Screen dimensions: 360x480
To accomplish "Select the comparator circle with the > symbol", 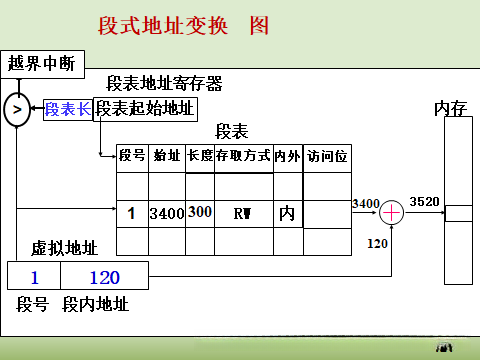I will pyautogui.click(x=17, y=109).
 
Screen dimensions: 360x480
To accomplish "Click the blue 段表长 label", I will pyautogui.click(x=67, y=109).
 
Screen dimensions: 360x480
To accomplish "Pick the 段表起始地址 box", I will pyautogui.click(x=145, y=109).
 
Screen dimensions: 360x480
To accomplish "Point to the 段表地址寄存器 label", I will pyautogui.click(x=164, y=84).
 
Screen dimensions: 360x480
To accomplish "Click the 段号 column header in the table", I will pyautogui.click(x=132, y=156).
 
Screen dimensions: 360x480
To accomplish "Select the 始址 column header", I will pyautogui.click(x=166, y=156).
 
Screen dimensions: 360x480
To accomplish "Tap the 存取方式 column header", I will pyautogui.click(x=243, y=156).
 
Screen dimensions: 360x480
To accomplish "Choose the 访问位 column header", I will pyautogui.click(x=327, y=156).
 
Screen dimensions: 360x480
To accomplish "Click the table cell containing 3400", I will pyautogui.click(x=166, y=213).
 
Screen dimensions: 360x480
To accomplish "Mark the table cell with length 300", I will pyautogui.click(x=200, y=212).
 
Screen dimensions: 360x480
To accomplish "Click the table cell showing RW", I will pyautogui.click(x=243, y=213).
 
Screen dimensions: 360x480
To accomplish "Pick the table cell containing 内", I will pyautogui.click(x=287, y=213).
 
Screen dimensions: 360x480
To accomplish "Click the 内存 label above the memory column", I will pyautogui.click(x=451, y=108).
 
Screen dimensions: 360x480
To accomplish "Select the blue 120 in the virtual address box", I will pyautogui.click(x=105, y=276).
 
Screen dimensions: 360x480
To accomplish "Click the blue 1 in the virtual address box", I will pyautogui.click(x=34, y=276).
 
